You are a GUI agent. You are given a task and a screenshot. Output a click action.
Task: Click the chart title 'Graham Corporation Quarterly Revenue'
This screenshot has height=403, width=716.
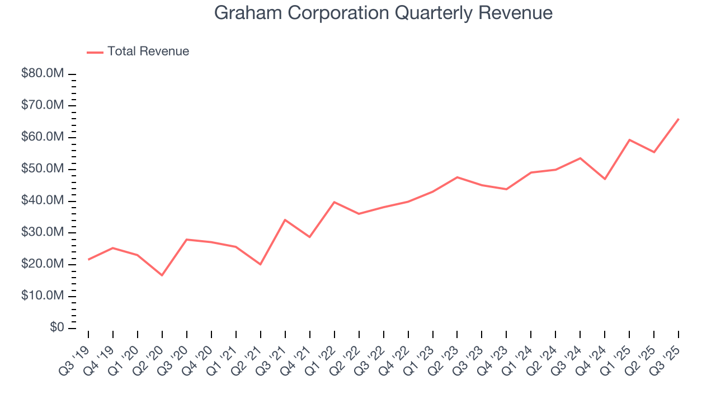coord(383,13)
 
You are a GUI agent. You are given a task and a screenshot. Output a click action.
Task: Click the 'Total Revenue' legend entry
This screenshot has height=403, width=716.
coord(148,51)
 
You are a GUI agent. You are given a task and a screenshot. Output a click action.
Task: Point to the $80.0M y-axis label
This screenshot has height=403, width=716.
coord(43,74)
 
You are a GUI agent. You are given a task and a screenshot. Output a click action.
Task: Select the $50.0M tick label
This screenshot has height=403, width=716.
coord(43,169)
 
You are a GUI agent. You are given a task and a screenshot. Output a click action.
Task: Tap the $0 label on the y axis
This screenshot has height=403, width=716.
coord(56,327)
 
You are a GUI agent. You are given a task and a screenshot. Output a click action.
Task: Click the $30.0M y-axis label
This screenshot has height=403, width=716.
coord(43,232)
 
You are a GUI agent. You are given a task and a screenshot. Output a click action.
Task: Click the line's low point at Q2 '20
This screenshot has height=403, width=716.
coord(162,275)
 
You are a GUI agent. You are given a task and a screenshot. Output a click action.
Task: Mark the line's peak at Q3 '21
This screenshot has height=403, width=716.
coord(285,220)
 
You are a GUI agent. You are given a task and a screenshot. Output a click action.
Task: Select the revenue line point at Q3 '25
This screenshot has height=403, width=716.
coord(679,119)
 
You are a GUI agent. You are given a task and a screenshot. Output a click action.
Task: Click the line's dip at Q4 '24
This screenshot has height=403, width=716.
coord(605,179)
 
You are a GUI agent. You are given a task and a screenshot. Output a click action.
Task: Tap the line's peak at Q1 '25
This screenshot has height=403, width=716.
coord(629,140)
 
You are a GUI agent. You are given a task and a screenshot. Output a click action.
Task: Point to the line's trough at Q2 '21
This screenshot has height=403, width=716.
coord(261,264)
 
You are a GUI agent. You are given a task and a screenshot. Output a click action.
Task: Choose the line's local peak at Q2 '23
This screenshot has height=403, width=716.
coord(458,177)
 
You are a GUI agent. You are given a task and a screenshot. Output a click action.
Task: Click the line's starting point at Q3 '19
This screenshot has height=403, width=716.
coord(88,260)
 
